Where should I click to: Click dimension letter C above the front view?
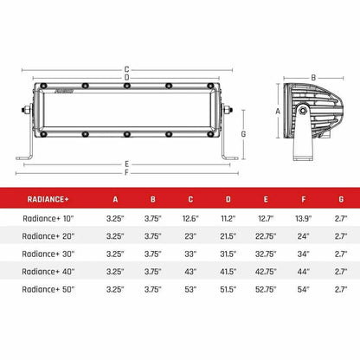pyautogui.click(x=128, y=68)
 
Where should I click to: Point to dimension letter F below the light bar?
pyautogui.click(x=128, y=171)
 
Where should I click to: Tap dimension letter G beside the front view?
pyautogui.click(x=245, y=134)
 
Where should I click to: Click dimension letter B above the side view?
pyautogui.click(x=312, y=76)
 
